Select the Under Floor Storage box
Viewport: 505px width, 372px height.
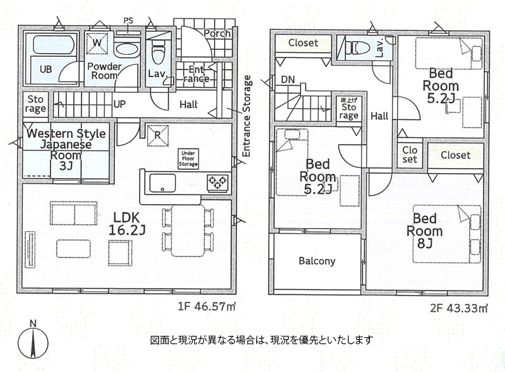coord(188,159)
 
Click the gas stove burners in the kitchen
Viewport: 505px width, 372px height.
coord(217,183)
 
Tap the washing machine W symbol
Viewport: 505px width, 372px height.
coord(97,43)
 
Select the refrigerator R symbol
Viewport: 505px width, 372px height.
coord(157,135)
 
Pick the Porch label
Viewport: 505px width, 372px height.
coord(217,33)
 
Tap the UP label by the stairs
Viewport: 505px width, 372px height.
coord(119,104)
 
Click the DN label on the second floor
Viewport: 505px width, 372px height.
coord(288,80)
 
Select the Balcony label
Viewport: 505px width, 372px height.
coord(317,261)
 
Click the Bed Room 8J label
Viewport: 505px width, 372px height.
coord(424,231)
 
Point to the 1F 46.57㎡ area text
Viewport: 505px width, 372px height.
coord(207,306)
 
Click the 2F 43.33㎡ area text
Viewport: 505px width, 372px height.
coord(459,309)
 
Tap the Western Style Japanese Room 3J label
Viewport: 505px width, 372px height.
coord(66,150)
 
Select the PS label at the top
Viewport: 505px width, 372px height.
coord(128,21)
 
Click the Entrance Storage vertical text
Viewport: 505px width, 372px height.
coord(247,116)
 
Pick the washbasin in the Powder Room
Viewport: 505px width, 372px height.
coord(127,50)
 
